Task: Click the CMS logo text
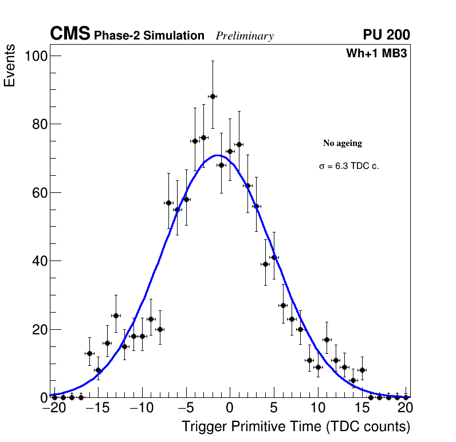[70, 34]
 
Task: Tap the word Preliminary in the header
[245, 36]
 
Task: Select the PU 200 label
[386, 35]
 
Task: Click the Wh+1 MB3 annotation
[376, 53]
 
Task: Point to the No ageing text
[343, 143]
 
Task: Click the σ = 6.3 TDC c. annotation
[349, 166]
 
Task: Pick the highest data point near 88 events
[213, 96]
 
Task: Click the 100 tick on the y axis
[36, 56]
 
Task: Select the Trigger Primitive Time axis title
[296, 427]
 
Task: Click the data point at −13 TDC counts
[116, 315]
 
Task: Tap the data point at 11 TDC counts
[327, 340]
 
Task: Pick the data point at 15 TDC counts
[362, 370]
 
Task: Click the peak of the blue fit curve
[218, 155]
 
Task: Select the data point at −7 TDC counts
[168, 203]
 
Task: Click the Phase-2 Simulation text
[149, 36]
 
